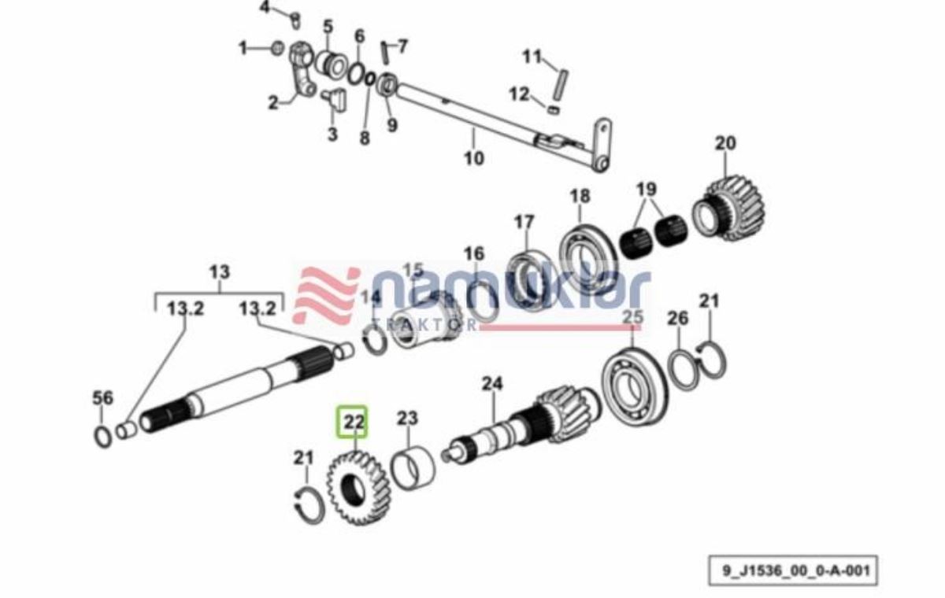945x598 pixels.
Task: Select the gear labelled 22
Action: tap(358, 488)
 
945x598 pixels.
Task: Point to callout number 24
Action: tap(492, 383)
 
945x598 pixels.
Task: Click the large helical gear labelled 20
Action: tap(729, 209)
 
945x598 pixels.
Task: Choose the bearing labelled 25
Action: tap(635, 387)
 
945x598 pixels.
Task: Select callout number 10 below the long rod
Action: tap(474, 158)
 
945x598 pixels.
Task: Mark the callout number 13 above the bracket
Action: tap(220, 271)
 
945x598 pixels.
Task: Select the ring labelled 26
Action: tap(683, 371)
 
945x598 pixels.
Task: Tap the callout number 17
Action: tap(524, 222)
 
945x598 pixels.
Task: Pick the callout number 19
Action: tap(647, 189)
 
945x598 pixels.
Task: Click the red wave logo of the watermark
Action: tap(328, 297)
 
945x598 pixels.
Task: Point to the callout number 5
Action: tap(328, 26)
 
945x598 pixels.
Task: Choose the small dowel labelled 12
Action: tap(554, 109)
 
